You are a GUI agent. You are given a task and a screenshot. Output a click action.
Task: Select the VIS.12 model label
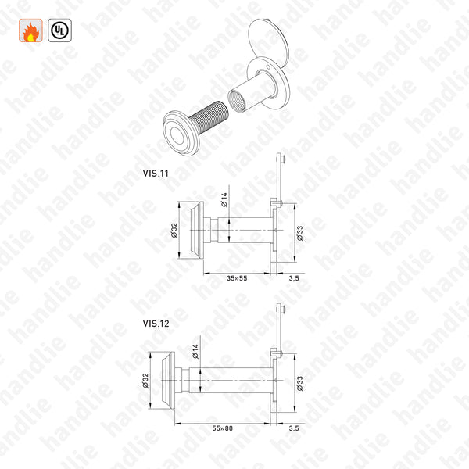tap(154, 321)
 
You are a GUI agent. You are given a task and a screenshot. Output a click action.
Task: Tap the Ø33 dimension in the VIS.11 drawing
tap(299, 231)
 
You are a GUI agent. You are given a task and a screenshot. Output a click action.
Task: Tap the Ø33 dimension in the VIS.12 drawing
tap(299, 381)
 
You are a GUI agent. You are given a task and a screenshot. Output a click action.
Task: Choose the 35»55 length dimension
tap(238, 277)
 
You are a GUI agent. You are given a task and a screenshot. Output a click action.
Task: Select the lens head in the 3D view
tap(178, 129)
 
